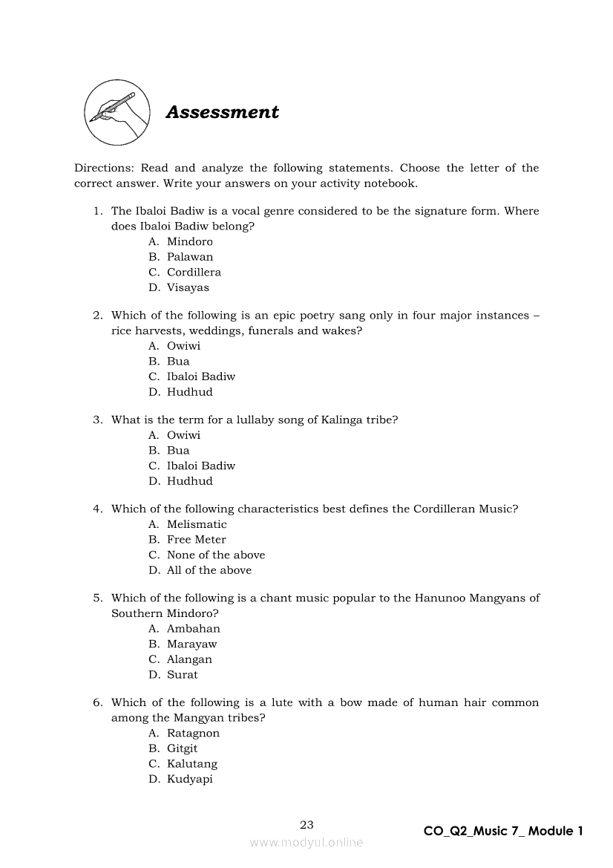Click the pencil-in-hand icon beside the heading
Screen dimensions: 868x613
click(114, 113)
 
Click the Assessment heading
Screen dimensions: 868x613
click(222, 112)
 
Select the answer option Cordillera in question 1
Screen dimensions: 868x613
click(194, 273)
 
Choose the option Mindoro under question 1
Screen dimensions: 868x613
click(189, 242)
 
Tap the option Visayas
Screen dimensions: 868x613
click(188, 288)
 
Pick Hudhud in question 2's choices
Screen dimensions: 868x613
click(189, 392)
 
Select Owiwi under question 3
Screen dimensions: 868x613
click(183, 435)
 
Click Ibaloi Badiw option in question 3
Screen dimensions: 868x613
click(200, 466)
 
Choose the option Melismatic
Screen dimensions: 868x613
click(197, 524)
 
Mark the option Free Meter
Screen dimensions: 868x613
click(196, 540)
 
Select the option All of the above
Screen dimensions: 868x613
click(209, 570)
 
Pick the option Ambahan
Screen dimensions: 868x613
click(193, 629)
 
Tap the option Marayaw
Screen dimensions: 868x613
click(191, 645)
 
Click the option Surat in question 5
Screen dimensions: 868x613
click(182, 675)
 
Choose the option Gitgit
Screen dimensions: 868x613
click(182, 748)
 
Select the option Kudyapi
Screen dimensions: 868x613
click(189, 780)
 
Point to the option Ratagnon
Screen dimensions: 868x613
click(193, 734)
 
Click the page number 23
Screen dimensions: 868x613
click(306, 824)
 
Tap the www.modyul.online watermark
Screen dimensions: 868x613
click(306, 842)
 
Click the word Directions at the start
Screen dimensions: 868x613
click(102, 169)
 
